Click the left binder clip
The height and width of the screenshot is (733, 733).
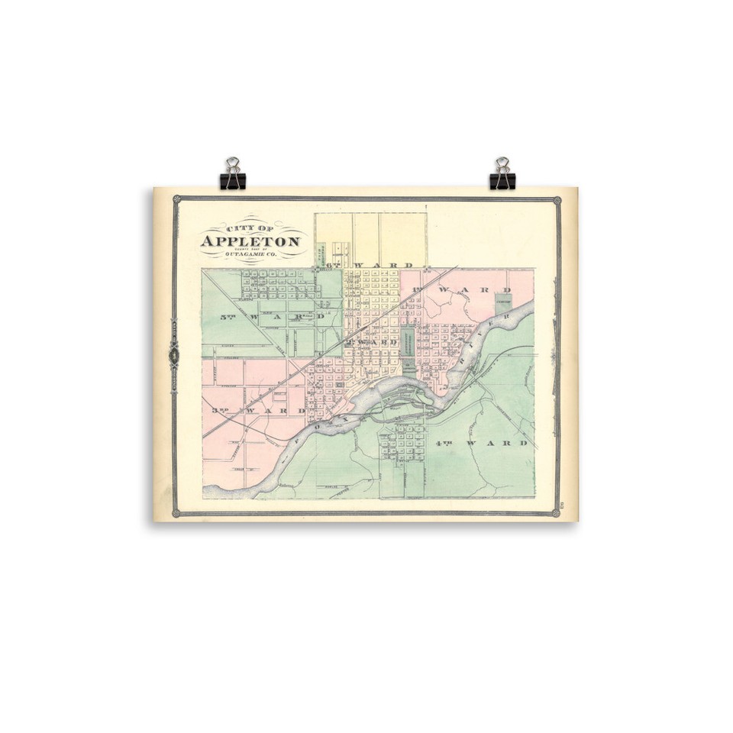click(x=233, y=175)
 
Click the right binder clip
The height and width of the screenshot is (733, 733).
click(x=502, y=175)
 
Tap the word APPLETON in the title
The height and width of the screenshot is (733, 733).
click(x=250, y=241)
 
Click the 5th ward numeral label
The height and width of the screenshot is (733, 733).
click(x=227, y=316)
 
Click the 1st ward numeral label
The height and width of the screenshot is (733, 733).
click(x=416, y=291)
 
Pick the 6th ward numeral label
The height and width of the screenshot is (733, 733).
click(x=333, y=265)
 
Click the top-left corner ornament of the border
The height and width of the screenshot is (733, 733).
click(x=176, y=199)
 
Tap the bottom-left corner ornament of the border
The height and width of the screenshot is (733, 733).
click(x=176, y=514)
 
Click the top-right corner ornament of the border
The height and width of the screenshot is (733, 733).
click(x=557, y=200)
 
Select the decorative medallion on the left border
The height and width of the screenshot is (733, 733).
click(x=174, y=354)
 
